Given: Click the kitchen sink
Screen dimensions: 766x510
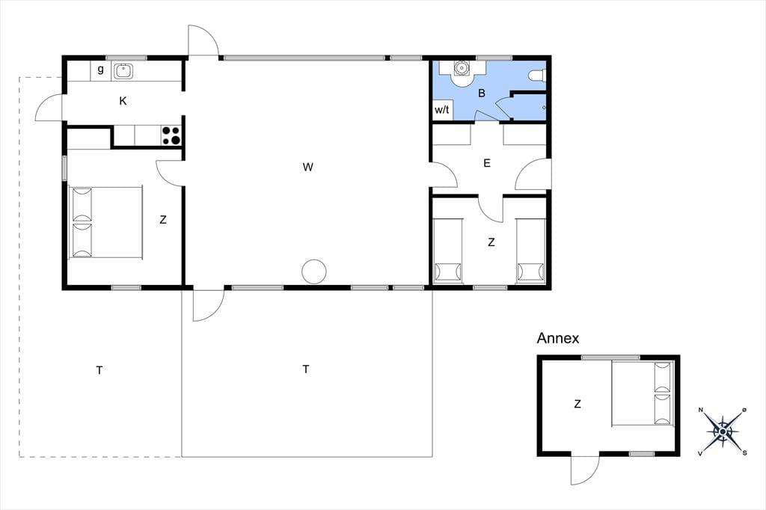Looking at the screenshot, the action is tap(123, 71).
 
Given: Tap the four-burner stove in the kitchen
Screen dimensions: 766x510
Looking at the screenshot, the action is tap(171, 136).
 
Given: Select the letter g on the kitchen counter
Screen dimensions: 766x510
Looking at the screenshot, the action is tap(101, 69).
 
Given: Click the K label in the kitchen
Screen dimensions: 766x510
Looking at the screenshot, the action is tap(123, 101).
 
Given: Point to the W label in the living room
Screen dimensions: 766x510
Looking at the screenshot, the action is tap(307, 167).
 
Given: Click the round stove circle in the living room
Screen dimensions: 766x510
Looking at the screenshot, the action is tap(313, 271).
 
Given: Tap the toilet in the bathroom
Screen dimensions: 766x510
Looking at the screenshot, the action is tap(537, 76).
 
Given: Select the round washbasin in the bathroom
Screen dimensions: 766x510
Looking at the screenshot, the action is tap(461, 68).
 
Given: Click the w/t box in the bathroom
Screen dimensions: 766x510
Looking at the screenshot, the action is tap(443, 110).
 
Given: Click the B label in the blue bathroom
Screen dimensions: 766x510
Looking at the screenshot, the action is tap(482, 93).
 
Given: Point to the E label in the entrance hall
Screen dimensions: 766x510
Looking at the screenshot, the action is tap(487, 163).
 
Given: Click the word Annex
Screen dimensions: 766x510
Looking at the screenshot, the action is tap(558, 338).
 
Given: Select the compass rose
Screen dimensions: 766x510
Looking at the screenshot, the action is tap(723, 431).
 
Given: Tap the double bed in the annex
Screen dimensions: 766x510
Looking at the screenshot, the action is tap(643, 393).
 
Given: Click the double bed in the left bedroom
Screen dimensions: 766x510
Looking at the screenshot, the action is tap(105, 222).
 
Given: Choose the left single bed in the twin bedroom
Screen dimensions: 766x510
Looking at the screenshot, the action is tap(448, 251).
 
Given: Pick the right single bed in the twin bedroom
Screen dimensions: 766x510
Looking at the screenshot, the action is tap(530, 251).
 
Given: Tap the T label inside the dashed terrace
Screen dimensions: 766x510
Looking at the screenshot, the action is tap(99, 370).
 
